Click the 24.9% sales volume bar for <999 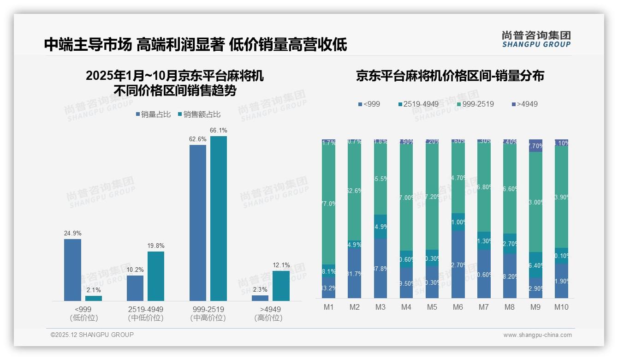point(72,270)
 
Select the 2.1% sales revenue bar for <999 point(94,298)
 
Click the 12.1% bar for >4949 point(281,286)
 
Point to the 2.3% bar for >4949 point(260,298)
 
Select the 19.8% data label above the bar point(156,246)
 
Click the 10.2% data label point(135,270)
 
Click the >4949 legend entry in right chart point(524,104)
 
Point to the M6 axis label point(458,307)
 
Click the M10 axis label point(561,307)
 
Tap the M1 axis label point(329,307)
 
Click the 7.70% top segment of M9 point(535,145)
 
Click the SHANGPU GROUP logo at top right point(536,39)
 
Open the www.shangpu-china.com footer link point(537,335)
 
